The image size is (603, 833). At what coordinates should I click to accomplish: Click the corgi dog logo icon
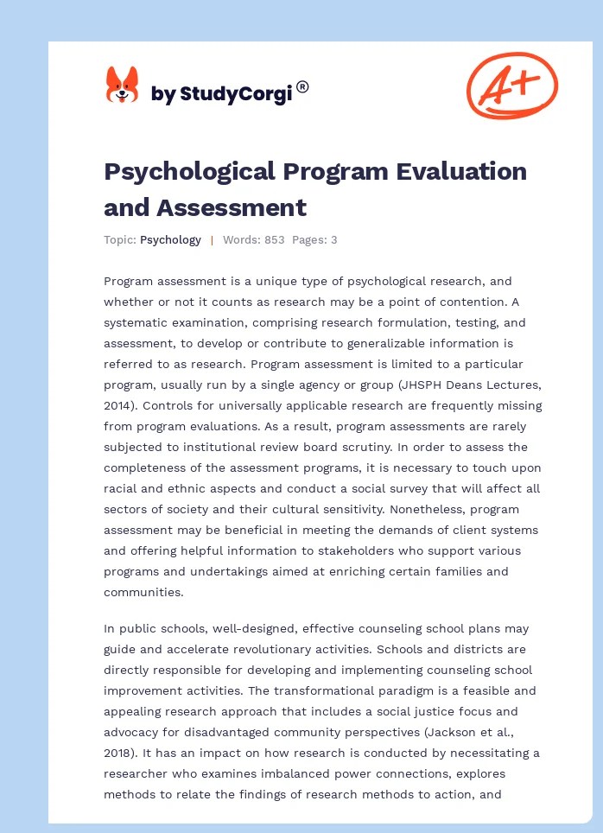tap(122, 86)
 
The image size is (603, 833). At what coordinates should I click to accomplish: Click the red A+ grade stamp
tap(511, 85)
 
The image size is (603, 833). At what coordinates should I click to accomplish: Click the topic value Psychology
tap(170, 239)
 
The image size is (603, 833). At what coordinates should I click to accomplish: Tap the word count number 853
tap(275, 239)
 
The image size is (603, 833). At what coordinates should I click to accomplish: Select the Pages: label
tap(308, 239)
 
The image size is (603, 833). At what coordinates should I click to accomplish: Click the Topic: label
tap(120, 239)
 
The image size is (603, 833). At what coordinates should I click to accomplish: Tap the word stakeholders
tap(333, 550)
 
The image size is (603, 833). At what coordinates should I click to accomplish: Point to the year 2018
tap(122, 753)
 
